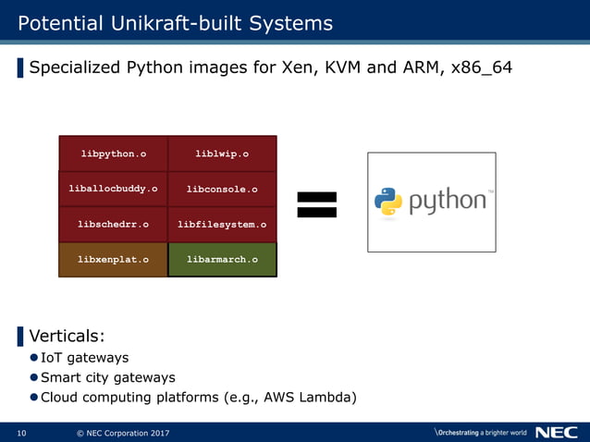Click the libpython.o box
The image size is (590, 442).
pyautogui.click(x=113, y=153)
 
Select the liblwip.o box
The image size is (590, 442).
pyautogui.click(x=222, y=153)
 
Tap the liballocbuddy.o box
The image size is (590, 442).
pyautogui.click(x=113, y=189)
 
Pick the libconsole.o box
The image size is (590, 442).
pyautogui.click(x=222, y=189)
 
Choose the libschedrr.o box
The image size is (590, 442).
pyautogui.click(x=113, y=224)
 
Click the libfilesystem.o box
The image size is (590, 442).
pyautogui.click(x=222, y=224)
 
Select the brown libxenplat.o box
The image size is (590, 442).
pyautogui.click(x=113, y=259)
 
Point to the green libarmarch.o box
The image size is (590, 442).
pyautogui.click(x=222, y=259)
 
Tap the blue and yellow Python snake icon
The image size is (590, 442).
pyautogui.click(x=388, y=202)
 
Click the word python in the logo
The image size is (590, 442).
pyautogui.click(x=446, y=202)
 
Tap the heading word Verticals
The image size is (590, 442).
pyautogui.click(x=66, y=335)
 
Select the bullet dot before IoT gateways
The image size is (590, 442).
pyautogui.click(x=33, y=358)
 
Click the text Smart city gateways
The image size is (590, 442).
pyautogui.click(x=107, y=377)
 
